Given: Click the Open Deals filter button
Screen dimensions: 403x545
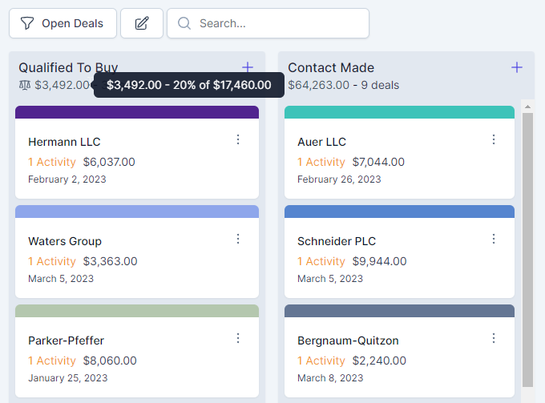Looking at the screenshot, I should (x=63, y=23).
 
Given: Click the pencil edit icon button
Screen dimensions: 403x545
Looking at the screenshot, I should (x=142, y=23).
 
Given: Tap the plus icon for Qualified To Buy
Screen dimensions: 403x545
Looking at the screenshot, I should (x=248, y=67).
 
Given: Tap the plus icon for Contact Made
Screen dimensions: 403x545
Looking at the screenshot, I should (x=517, y=67).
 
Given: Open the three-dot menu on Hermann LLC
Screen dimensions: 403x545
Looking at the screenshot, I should (x=238, y=139).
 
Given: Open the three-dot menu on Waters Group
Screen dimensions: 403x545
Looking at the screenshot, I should (x=238, y=239).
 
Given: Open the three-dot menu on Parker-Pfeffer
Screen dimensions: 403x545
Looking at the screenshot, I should (x=238, y=338).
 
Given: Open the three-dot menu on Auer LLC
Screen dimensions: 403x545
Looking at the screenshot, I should (x=494, y=139).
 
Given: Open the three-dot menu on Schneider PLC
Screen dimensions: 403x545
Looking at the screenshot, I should (x=494, y=239).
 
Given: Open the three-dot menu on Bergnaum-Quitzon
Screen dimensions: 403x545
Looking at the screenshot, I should (x=494, y=338).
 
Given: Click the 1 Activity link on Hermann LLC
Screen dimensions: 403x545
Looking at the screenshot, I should (x=52, y=162).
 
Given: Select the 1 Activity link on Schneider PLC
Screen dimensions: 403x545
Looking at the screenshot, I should (x=321, y=261).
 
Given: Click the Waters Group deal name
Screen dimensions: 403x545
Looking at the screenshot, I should (x=65, y=241).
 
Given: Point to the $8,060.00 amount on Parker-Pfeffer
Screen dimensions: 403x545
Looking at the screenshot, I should (x=110, y=361).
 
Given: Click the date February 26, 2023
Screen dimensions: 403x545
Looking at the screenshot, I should (x=339, y=179).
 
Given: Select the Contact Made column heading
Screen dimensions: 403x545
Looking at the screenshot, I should (x=331, y=68).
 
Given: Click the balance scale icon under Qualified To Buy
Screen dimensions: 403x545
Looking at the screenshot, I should (x=25, y=85).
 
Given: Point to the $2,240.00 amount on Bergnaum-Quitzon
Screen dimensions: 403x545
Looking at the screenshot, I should (x=379, y=361).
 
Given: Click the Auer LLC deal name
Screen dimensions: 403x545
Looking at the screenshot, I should (x=321, y=142).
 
